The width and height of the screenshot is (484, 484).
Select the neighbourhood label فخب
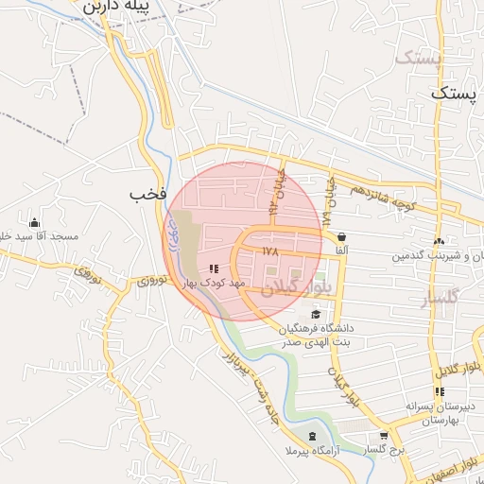click(148, 194)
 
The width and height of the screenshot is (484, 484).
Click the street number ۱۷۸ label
click(271, 251)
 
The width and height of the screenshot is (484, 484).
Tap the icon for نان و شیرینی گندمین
click(439, 242)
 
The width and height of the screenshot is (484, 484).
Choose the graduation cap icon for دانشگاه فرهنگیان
click(315, 315)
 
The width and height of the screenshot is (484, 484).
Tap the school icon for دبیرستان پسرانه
click(439, 391)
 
